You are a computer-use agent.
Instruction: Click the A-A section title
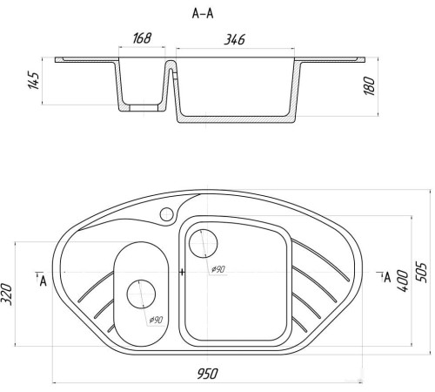click(x=203, y=14)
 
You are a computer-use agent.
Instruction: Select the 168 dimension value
click(x=142, y=38)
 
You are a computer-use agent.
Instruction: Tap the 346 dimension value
click(x=235, y=39)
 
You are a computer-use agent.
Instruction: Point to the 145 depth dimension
click(x=34, y=80)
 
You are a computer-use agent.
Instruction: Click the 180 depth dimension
click(x=370, y=86)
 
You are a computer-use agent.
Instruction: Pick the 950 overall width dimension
click(x=207, y=374)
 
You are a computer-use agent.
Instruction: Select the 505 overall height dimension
click(x=421, y=273)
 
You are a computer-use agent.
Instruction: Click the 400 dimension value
click(x=403, y=281)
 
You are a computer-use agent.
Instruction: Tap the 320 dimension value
click(x=7, y=294)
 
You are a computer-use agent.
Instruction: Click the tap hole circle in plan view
click(x=167, y=214)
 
